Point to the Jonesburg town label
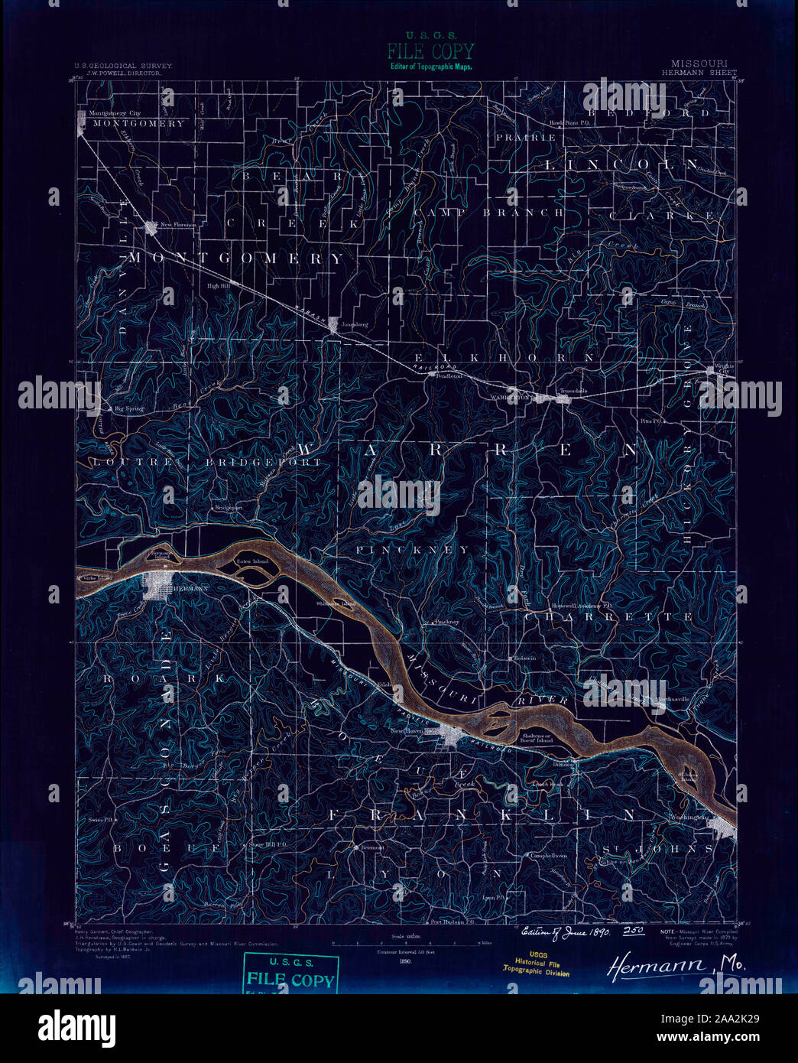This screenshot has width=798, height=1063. point(355,324)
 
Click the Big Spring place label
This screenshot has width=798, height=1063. point(128,409)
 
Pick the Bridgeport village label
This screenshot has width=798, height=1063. point(228,507)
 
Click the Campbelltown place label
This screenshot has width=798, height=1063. point(549,856)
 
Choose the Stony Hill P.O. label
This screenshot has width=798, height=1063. point(267,844)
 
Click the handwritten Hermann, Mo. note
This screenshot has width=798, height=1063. point(676,966)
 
